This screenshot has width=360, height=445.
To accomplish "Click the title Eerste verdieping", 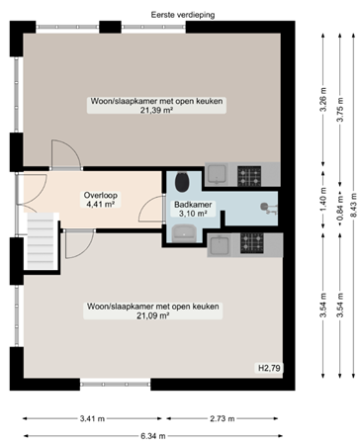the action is (x=183, y=15).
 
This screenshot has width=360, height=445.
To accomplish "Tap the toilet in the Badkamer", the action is (x=182, y=182).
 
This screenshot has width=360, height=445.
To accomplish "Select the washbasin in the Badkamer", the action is (x=184, y=233).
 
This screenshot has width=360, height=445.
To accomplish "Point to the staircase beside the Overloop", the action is (x=41, y=241).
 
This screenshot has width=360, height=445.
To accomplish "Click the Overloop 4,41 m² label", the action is (x=100, y=200).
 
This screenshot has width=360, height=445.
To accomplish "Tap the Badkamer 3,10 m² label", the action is (x=193, y=209).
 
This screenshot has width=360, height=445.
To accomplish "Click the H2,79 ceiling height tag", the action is (x=269, y=368).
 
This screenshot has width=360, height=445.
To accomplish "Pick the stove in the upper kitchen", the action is (x=249, y=176).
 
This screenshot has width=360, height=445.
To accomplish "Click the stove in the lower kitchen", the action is (x=252, y=243).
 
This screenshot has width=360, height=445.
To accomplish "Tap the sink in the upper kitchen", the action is (x=217, y=174).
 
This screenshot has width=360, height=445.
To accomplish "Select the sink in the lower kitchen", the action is (x=220, y=245).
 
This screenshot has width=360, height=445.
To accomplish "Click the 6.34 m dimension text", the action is (x=153, y=436).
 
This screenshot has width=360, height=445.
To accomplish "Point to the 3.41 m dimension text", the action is (x=92, y=418).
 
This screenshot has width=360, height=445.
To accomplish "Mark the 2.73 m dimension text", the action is (x=223, y=418).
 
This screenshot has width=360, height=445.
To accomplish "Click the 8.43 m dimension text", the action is (x=354, y=206).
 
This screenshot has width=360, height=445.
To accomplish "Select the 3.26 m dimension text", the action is (x=323, y=100).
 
